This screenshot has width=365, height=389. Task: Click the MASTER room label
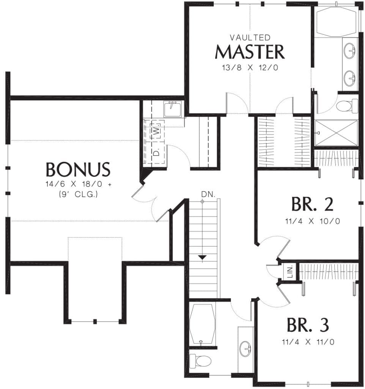(250, 52)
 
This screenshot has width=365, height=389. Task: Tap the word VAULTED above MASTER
(250, 38)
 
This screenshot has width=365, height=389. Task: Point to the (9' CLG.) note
(78, 194)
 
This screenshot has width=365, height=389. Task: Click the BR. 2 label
(312, 204)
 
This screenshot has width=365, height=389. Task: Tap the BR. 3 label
(308, 325)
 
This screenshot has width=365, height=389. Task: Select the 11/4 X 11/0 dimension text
(308, 342)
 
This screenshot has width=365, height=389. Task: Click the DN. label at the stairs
(208, 194)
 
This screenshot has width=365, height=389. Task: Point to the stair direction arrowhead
(203, 257)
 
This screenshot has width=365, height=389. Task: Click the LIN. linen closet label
(290, 271)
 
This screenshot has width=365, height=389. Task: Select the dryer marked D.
(156, 152)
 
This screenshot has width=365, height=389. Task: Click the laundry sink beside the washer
(173, 109)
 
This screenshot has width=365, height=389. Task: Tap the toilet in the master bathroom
(347, 106)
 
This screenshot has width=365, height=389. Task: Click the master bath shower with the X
(336, 133)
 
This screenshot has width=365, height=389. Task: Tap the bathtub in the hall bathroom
(201, 324)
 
